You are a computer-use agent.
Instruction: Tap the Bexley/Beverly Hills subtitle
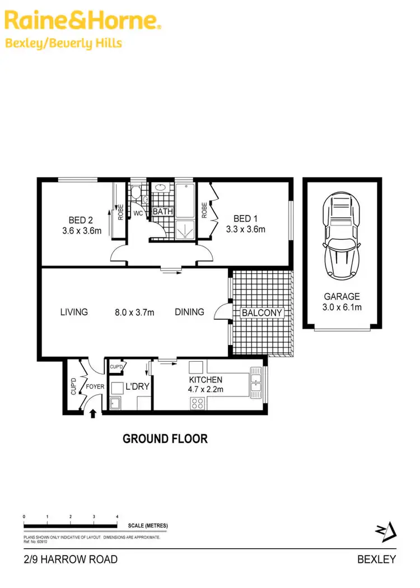coord(63,43)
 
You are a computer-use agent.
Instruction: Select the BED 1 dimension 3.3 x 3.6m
coord(245,229)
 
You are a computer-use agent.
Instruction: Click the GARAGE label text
coord(342,297)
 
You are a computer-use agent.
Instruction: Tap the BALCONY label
coord(262,313)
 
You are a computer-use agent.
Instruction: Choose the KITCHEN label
coord(206,380)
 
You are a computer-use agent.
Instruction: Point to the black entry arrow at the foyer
coord(92,413)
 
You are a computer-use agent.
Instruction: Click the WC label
coord(138,213)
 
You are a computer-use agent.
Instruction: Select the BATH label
coord(163,212)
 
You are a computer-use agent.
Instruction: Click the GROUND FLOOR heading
coord(165,438)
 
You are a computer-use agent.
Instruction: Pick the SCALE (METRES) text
coord(148,526)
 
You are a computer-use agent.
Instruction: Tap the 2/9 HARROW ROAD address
coord(71,559)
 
